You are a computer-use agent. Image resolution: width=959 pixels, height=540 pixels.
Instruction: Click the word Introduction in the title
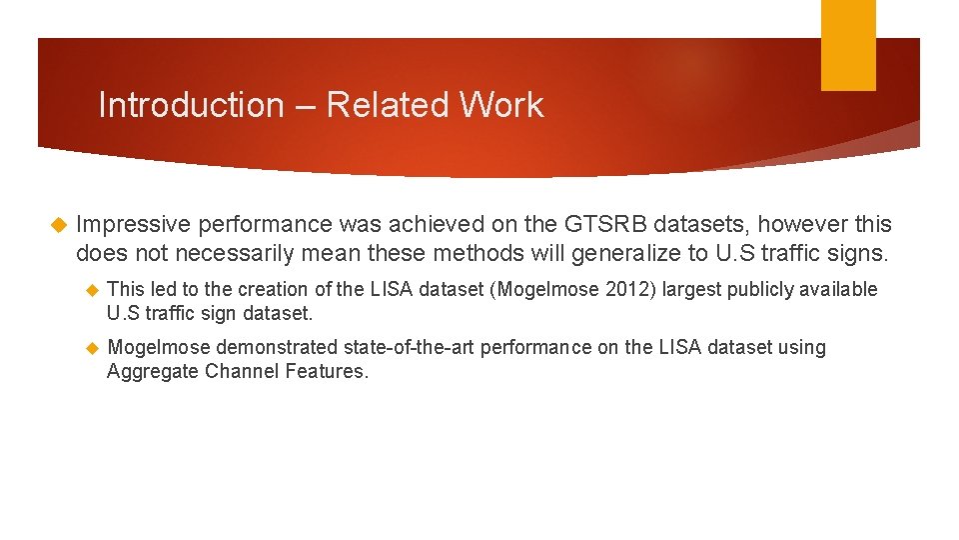(x=191, y=105)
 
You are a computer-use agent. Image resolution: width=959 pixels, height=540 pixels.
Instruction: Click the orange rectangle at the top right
(x=848, y=45)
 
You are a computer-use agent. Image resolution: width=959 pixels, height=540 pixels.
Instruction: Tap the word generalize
(x=636, y=253)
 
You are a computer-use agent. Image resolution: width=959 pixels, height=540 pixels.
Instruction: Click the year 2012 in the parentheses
(x=628, y=289)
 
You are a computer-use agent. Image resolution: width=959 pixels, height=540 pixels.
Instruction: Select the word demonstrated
(x=278, y=347)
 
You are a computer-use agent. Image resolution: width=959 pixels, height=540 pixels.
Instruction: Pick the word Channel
(x=234, y=371)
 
